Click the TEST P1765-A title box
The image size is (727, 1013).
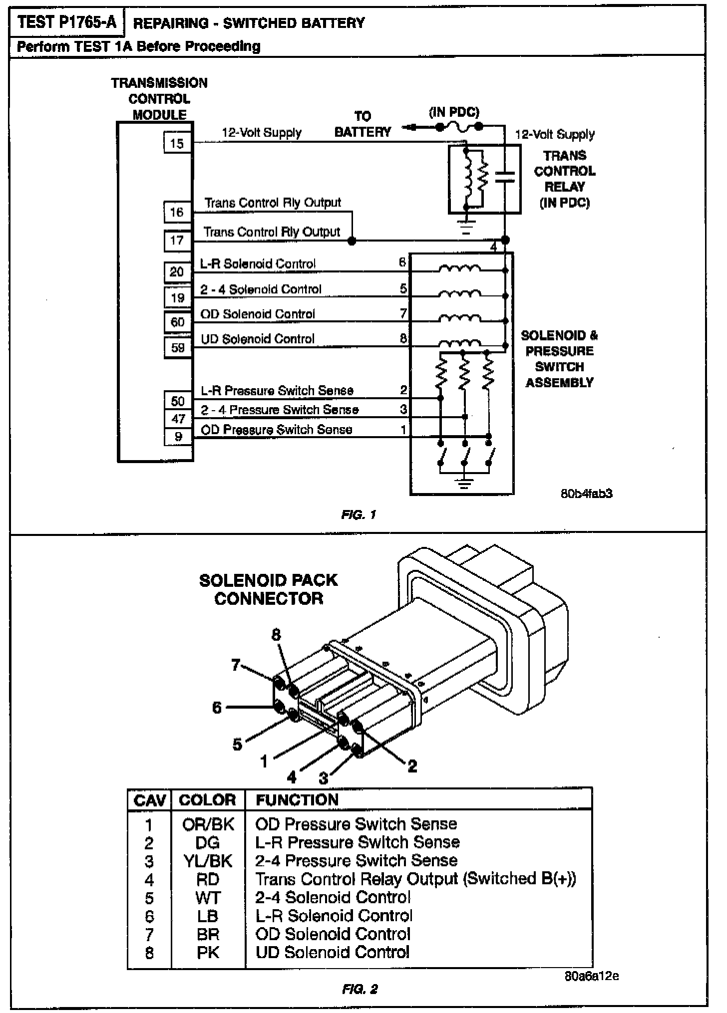tap(66, 23)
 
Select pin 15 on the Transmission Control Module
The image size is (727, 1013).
tap(177, 144)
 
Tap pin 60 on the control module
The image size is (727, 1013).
tap(178, 322)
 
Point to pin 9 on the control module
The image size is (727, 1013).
tap(178, 437)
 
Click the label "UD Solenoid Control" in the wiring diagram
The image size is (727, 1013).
tap(258, 339)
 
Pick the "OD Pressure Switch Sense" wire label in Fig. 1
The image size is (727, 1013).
tap(276, 430)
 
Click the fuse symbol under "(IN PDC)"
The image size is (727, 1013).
tap(459, 127)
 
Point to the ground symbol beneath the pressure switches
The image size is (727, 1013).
tap(465, 483)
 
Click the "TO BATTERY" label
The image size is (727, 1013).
tap(363, 124)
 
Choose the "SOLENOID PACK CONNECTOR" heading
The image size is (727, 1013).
tap(269, 589)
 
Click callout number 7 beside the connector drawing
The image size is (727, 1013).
tap(236, 665)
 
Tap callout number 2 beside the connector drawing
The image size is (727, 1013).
tap(412, 766)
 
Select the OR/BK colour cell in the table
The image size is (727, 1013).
tap(208, 824)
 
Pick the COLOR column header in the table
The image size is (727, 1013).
tap(207, 800)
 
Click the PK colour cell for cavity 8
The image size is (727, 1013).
tap(208, 953)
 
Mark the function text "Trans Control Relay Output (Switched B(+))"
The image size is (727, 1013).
tap(415, 879)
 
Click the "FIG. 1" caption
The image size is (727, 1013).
tap(359, 514)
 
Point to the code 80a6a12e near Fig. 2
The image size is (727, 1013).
tap(592, 976)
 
